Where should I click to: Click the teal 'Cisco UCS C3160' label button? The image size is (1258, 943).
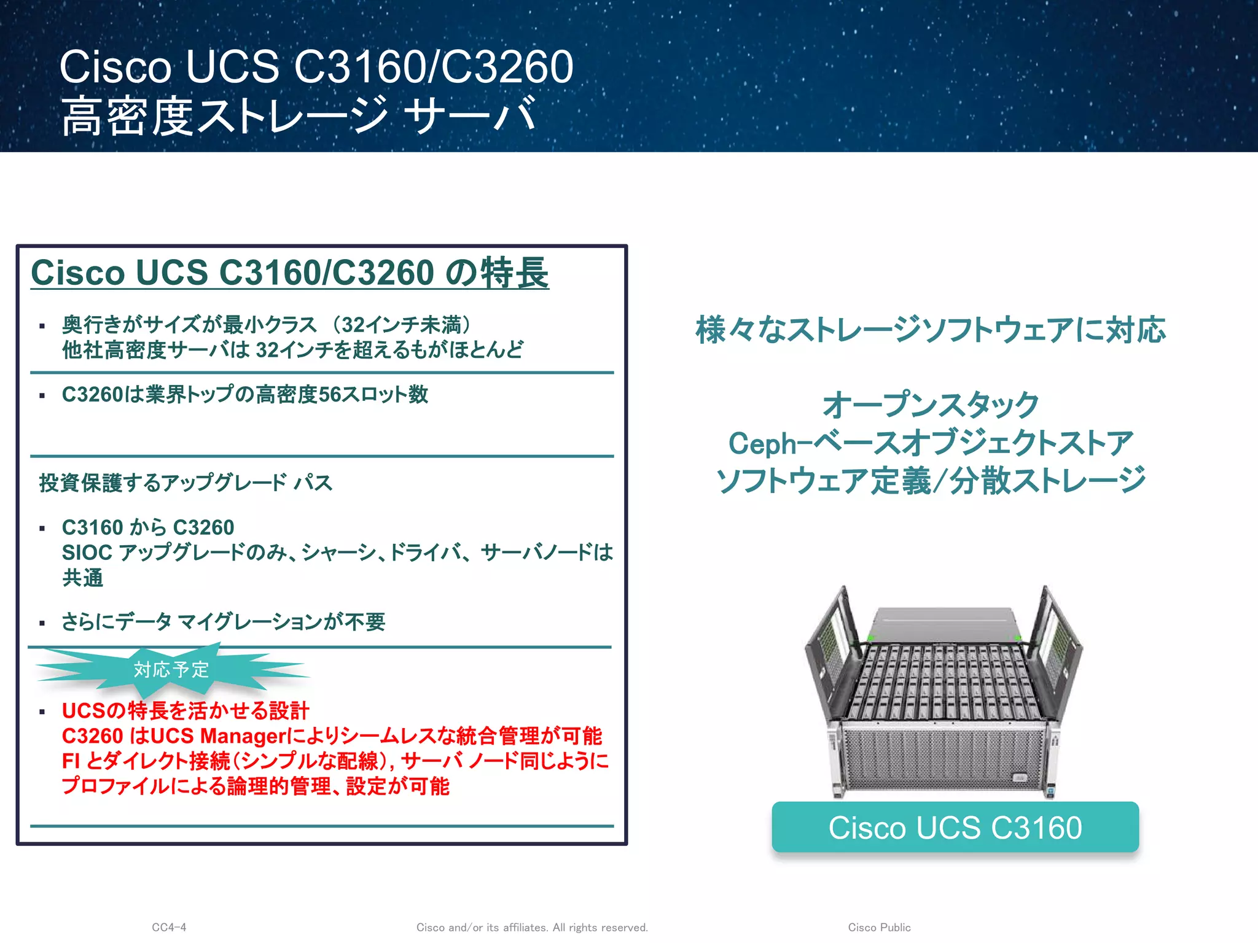[955, 827]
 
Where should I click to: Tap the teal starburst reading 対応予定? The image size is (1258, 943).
[171, 669]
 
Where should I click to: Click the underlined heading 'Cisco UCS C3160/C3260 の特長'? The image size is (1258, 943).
[289, 273]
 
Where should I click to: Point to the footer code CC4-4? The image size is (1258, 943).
[169, 927]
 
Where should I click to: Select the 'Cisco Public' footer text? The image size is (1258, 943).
[879, 927]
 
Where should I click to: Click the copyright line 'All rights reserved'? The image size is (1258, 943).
[600, 927]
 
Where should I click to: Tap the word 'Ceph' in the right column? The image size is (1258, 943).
[762, 443]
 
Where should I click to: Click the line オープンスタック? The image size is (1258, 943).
[930, 405]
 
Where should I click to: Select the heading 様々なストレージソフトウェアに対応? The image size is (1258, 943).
[930, 330]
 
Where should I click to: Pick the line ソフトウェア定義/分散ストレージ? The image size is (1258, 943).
[930, 480]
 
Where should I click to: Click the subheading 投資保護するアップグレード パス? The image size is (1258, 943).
[186, 483]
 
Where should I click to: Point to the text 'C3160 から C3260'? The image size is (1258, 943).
[148, 527]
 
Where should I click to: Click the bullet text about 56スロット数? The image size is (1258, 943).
[244, 394]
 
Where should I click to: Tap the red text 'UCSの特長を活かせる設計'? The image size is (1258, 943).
[186, 710]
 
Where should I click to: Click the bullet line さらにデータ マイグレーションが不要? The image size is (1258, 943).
[224, 622]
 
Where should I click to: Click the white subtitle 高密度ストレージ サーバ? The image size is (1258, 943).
[299, 115]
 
